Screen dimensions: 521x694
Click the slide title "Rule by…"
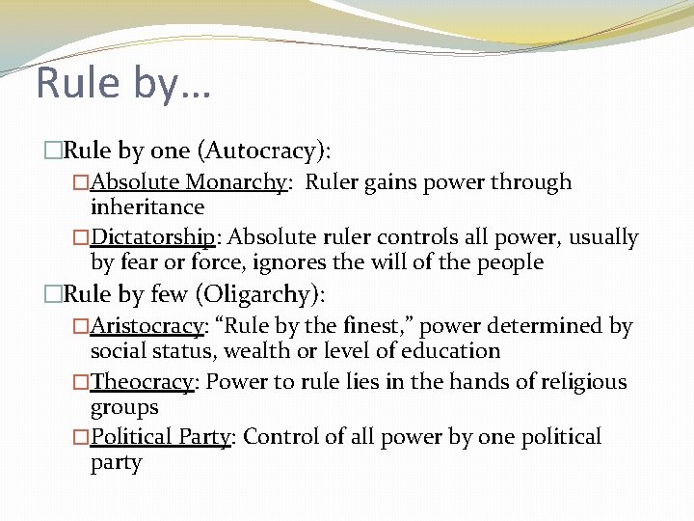(123, 83)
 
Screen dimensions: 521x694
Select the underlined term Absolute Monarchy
(189, 182)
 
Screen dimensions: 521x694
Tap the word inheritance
(147, 207)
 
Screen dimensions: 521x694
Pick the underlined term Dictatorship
(152, 237)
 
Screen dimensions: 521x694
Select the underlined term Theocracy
(143, 382)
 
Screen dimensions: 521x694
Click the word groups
(123, 407)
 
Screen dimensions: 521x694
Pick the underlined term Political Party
(161, 438)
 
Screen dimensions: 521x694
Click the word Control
(278, 437)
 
